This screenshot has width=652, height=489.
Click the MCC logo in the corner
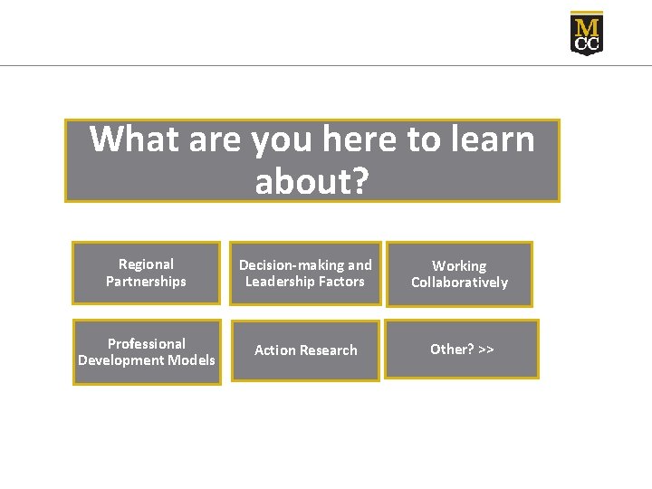coord(586,34)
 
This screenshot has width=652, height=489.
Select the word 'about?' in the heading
coord(312,181)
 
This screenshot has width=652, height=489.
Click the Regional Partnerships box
coord(146,273)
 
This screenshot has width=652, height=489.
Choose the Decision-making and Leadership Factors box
coord(305,273)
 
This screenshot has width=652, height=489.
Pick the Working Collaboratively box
coord(459,273)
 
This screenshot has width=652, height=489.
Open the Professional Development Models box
coord(147,351)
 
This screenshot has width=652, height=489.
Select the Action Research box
coord(305,350)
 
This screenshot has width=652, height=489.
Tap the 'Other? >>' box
coord(462,349)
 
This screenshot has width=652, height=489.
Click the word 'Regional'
coord(146,264)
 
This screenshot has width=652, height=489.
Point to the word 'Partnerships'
coord(146,282)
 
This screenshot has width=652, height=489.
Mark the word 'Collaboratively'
coord(459,283)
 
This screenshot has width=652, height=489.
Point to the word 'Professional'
coord(147,343)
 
